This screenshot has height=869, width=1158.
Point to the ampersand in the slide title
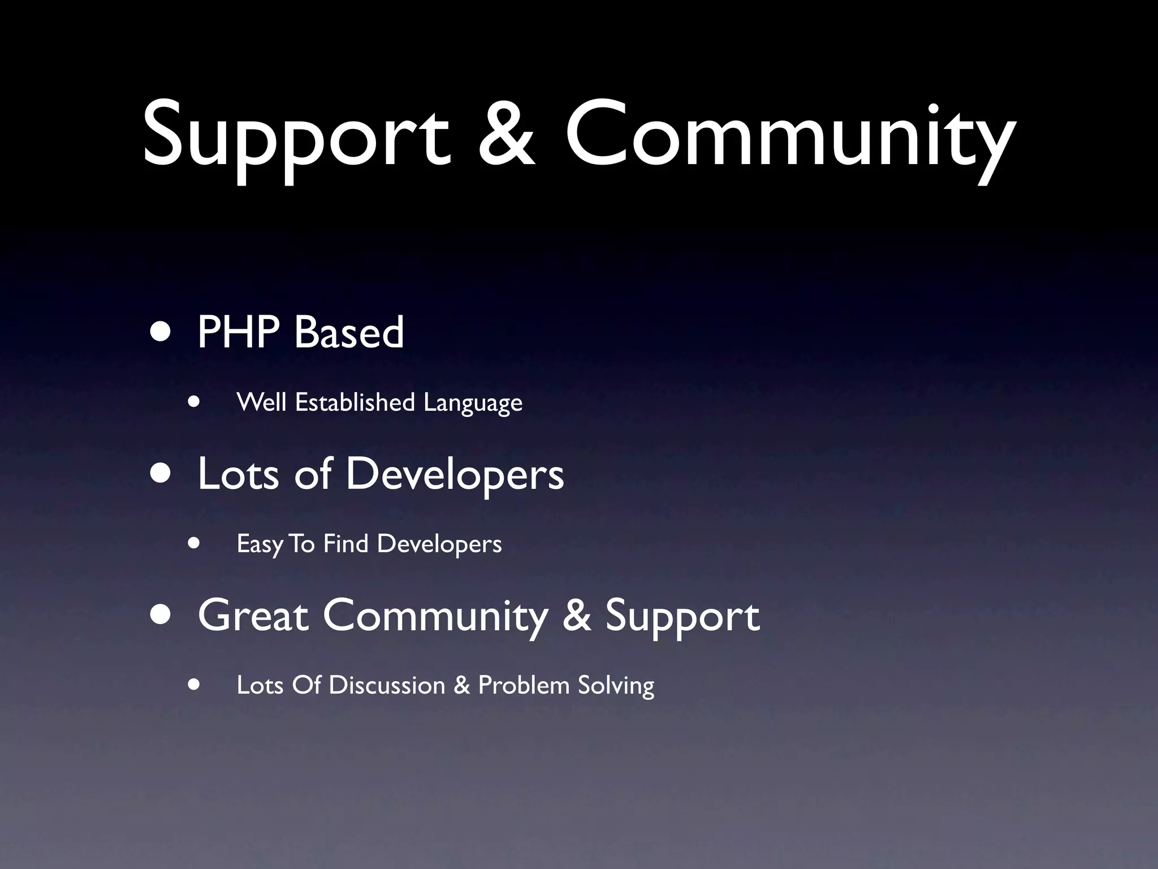coord(506,136)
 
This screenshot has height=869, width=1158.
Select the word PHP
coord(238,332)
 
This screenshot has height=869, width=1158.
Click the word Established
coord(355,402)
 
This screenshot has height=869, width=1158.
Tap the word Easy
coord(260,544)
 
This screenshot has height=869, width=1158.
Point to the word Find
coord(345,544)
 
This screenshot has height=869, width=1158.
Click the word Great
coord(253,616)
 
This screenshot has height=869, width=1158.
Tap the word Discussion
coord(387,685)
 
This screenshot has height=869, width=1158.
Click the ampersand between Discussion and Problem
coord(461,685)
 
